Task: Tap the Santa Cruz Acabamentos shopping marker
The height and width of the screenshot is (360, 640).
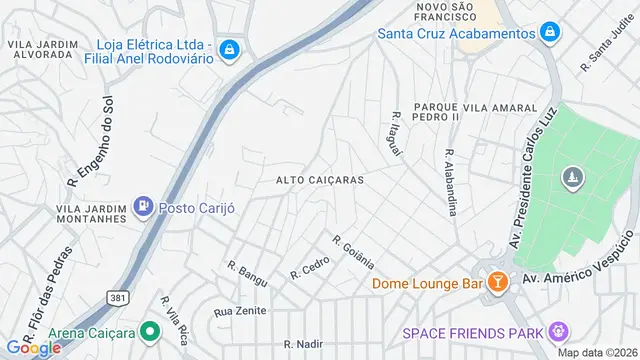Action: [x=548, y=33]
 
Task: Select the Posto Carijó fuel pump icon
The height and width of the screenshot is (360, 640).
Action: [x=144, y=206]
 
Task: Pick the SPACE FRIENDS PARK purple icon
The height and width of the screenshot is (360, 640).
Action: [x=558, y=332]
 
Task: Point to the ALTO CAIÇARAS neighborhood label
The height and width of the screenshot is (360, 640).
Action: [x=320, y=180]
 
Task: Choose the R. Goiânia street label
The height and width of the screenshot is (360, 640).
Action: [x=354, y=252]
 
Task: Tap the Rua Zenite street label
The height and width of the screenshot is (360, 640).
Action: [x=240, y=311]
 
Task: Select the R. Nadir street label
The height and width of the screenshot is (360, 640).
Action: [x=301, y=343]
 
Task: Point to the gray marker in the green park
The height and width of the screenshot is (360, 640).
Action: [x=572, y=179]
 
